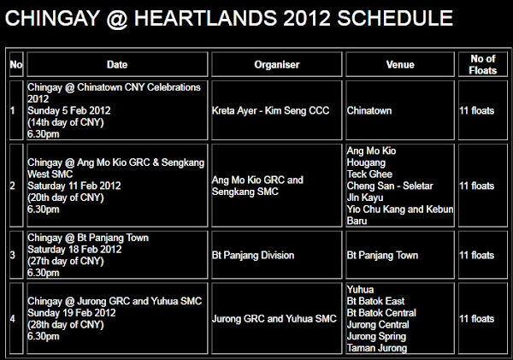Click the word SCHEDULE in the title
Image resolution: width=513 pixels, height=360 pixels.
(395, 18)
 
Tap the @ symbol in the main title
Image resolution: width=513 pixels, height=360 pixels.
(117, 19)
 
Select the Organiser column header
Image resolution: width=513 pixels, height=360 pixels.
(277, 64)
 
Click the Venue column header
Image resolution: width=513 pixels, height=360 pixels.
(400, 64)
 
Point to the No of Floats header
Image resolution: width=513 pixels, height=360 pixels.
(483, 64)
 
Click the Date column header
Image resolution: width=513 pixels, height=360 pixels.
(117, 64)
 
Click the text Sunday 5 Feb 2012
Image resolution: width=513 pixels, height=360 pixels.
(69, 110)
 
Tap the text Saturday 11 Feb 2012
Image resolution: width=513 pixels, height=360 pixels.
(74, 186)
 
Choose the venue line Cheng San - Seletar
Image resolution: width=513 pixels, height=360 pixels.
(390, 186)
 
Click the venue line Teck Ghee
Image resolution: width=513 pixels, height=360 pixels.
(369, 174)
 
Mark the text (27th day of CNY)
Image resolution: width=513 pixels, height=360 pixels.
(66, 261)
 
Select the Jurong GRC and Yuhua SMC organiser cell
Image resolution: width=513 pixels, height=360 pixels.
(274, 319)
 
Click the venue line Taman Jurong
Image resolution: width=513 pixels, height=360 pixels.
(377, 348)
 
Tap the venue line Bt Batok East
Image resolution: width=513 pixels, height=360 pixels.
(375, 301)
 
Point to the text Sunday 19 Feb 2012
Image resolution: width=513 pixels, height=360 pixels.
(72, 313)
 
